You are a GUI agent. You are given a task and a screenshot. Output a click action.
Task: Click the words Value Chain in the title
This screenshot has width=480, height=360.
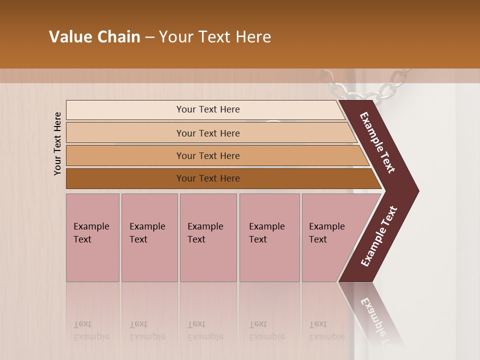tap(94, 37)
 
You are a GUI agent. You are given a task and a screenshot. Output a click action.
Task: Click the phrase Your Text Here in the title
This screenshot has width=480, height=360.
tap(215, 37)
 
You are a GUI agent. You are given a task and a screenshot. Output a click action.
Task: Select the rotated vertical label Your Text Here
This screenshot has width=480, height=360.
tap(57, 143)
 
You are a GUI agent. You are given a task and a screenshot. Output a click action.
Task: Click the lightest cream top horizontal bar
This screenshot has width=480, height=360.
tap(207, 109)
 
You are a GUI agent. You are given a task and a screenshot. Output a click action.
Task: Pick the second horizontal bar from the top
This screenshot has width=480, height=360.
tap(207, 133)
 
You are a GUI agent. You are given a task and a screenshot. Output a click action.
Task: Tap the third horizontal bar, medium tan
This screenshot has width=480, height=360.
tap(207, 155)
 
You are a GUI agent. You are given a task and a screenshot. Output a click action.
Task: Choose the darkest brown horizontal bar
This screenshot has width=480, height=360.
tap(207, 178)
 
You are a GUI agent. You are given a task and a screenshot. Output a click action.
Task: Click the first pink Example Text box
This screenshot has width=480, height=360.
tap(92, 237)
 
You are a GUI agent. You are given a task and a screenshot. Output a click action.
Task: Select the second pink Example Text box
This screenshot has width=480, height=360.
tap(149, 237)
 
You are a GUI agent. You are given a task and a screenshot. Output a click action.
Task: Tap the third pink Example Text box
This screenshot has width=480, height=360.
tap(207, 237)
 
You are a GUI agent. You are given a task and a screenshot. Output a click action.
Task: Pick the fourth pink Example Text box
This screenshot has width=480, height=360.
tap(269, 237)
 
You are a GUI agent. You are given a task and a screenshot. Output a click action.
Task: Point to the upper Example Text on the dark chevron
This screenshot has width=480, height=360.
tap(378, 142)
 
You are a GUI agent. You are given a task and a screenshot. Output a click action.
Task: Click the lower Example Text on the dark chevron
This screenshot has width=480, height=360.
tap(379, 236)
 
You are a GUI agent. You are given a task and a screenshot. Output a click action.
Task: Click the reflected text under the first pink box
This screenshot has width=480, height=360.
tap(91, 330)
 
